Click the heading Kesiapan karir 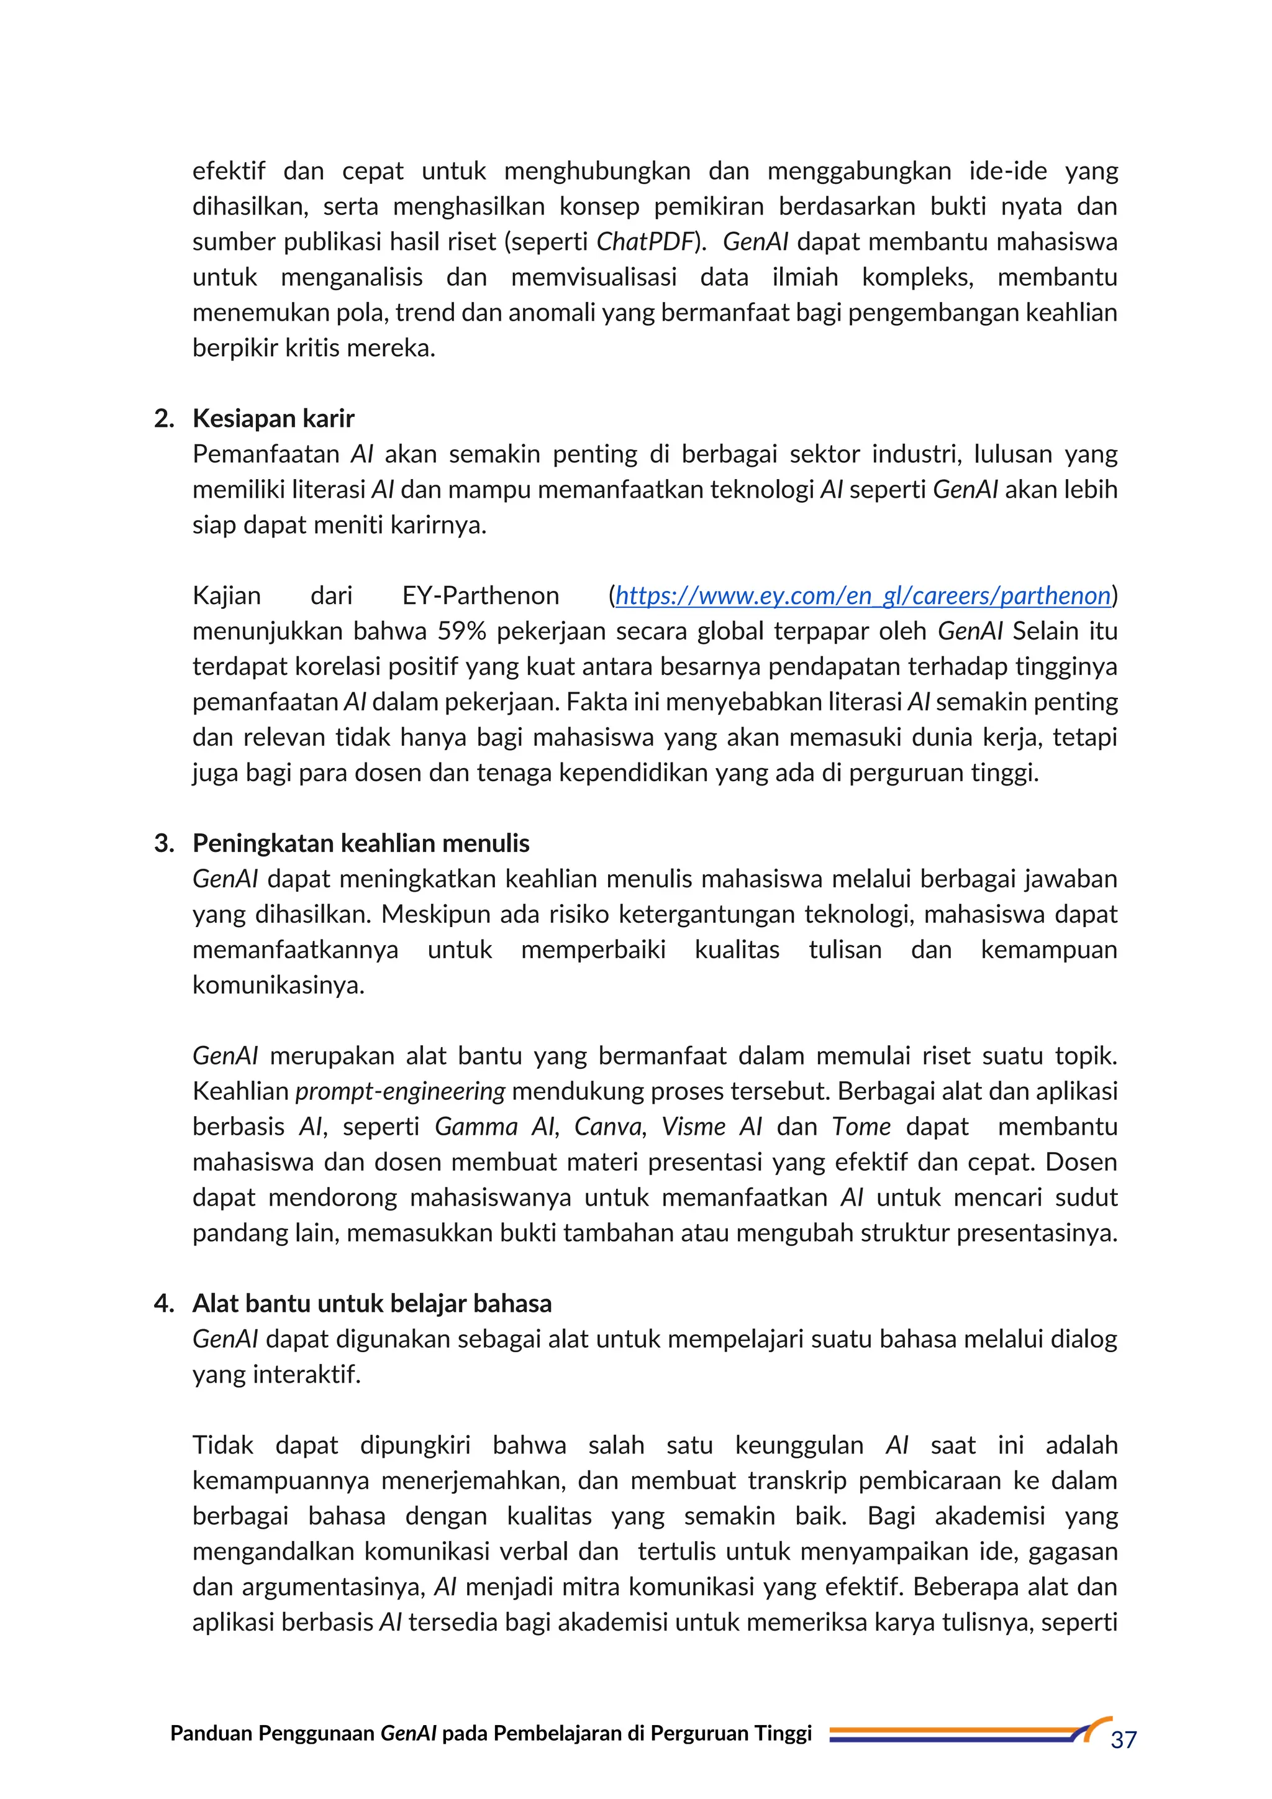click(273, 418)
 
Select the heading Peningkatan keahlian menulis click(360, 843)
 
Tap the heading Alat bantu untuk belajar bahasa click(371, 1303)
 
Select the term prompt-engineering click(400, 1091)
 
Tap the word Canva click(609, 1127)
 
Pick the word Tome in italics click(861, 1127)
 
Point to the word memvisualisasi click(593, 277)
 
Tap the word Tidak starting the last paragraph click(222, 1445)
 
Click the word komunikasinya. click(278, 985)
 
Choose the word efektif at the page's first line click(229, 171)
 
